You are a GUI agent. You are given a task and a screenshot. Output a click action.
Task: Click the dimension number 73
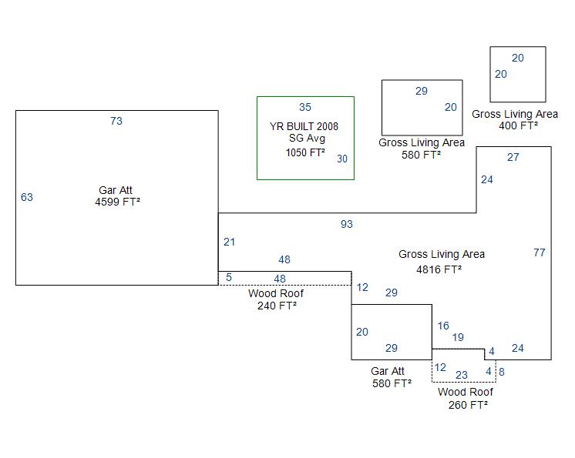tap(116, 121)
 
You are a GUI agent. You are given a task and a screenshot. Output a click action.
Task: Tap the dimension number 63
tap(27, 197)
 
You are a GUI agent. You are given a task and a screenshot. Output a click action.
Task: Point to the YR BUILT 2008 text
tap(304, 126)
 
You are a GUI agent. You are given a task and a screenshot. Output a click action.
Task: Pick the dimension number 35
tap(305, 107)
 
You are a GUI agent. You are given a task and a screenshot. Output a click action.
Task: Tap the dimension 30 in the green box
tap(342, 159)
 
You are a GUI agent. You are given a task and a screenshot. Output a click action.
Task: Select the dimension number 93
tap(347, 224)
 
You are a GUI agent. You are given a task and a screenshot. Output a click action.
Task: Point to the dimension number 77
tap(540, 252)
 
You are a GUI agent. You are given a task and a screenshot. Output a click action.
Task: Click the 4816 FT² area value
tap(439, 269)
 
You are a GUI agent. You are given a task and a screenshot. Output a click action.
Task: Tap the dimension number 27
tap(513, 157)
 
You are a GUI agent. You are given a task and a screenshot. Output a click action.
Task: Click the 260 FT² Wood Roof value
tap(468, 404)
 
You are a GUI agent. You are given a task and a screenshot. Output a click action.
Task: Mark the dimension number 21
tap(230, 242)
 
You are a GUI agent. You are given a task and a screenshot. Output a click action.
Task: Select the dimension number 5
tap(229, 277)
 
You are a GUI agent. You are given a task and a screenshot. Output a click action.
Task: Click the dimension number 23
tap(462, 375)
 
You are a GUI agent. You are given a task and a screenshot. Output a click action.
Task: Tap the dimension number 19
tap(458, 337)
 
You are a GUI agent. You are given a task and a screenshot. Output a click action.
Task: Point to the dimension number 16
tap(443, 326)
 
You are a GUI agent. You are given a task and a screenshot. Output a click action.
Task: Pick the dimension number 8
tap(502, 372)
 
